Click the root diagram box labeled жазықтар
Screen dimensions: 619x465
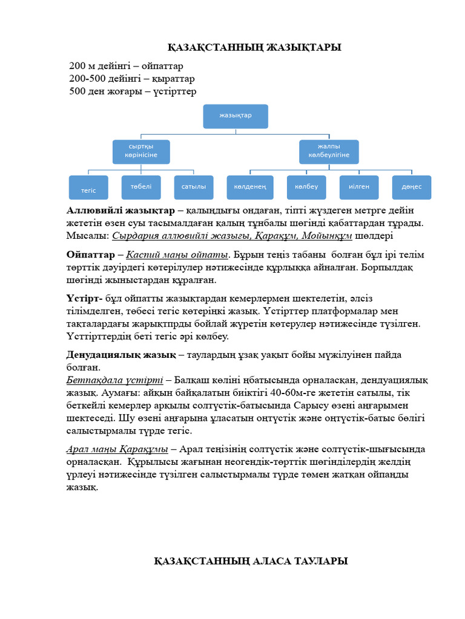pos(236,115)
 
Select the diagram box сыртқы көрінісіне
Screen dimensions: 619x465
pos(141,152)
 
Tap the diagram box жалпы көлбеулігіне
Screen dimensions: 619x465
pos(329,152)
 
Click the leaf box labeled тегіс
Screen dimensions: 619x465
pos(89,187)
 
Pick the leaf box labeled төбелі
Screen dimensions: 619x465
pos(141,187)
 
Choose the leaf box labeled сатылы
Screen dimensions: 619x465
pos(194,187)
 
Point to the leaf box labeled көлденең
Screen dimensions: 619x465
pos(250,187)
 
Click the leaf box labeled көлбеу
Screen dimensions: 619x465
pos(306,187)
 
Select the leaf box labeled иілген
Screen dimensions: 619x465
pos(359,187)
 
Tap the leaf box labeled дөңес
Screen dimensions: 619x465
pos(412,187)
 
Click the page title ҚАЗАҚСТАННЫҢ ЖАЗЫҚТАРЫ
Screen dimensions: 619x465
pos(254,48)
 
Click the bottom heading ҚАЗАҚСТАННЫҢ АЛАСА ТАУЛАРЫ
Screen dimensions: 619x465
pos(251,562)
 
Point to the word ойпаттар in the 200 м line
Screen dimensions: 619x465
pos(162,66)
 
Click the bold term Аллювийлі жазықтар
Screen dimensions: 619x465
pos(120,211)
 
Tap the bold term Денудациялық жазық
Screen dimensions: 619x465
pos(121,354)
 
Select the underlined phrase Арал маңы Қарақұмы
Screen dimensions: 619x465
pos(117,449)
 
